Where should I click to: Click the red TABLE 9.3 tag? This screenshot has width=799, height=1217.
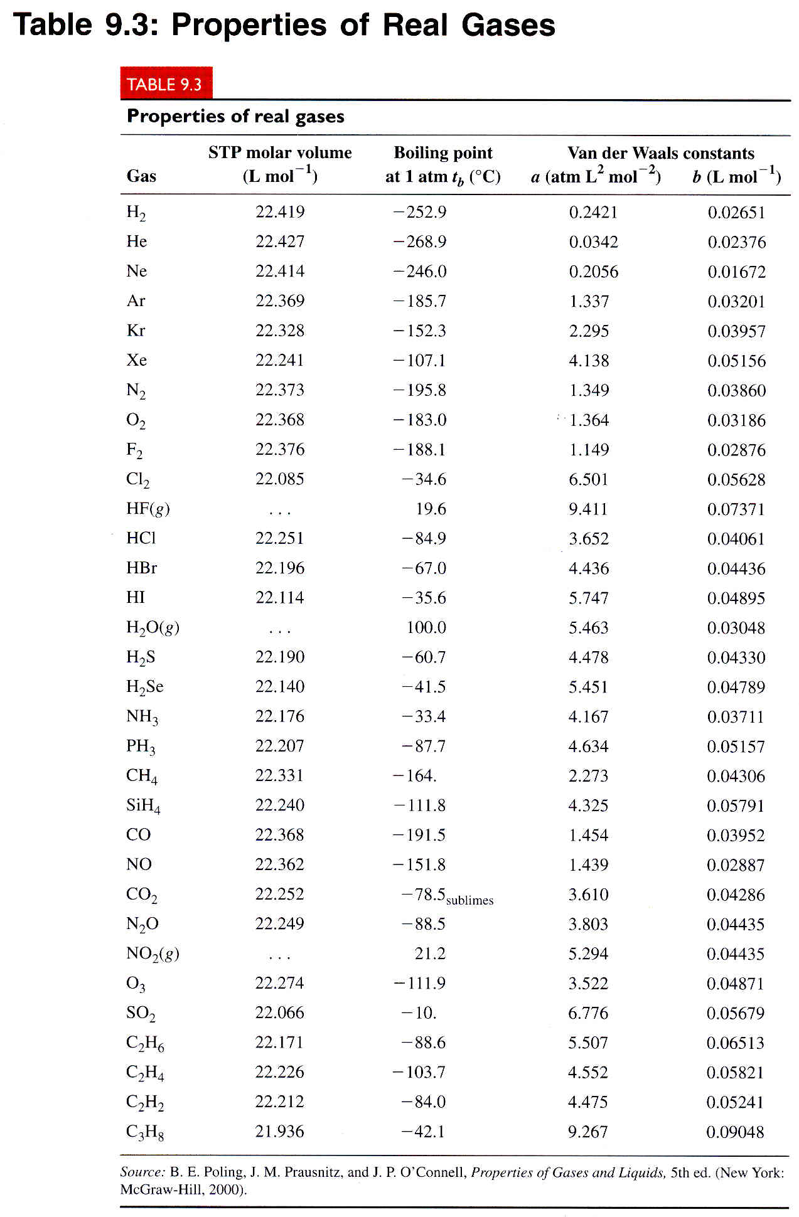click(x=166, y=84)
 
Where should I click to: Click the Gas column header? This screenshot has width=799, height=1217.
click(x=141, y=176)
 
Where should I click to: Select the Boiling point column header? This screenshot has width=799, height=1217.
click(x=442, y=153)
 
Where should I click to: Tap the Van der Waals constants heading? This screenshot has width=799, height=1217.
click(x=660, y=153)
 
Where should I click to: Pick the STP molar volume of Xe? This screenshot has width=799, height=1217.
click(x=279, y=360)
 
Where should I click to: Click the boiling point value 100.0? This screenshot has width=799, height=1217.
click(x=426, y=627)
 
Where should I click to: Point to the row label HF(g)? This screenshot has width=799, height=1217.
click(x=148, y=509)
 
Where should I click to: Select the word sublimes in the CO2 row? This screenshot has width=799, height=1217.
click(x=469, y=900)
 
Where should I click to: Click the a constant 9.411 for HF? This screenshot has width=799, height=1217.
click(x=588, y=509)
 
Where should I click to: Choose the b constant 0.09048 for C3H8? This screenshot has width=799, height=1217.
click(x=735, y=1132)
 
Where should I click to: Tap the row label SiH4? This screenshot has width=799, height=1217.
click(x=143, y=805)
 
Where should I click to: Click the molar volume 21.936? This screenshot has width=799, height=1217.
click(x=279, y=1131)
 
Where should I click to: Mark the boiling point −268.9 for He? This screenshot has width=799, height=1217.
click(x=419, y=242)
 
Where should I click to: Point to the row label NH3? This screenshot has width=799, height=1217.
click(x=142, y=716)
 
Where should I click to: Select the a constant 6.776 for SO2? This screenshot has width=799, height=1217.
click(x=588, y=1012)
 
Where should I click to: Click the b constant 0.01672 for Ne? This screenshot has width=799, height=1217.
click(x=736, y=272)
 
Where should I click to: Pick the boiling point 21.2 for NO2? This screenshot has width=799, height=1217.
click(x=430, y=954)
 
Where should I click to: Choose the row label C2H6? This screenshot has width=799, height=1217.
click(x=145, y=1043)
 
